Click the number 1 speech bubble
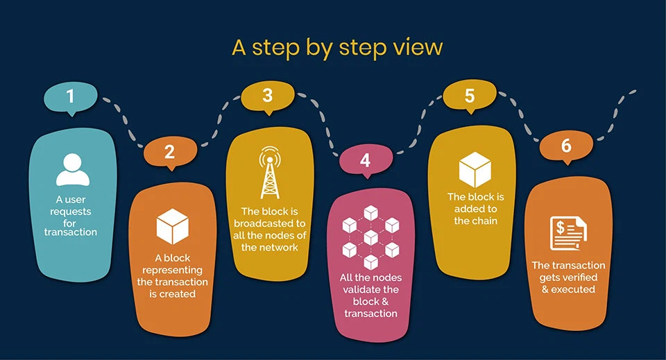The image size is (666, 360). tap(70, 96)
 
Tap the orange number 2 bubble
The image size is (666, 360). tap(170, 152)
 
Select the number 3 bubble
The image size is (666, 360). tap(268, 96)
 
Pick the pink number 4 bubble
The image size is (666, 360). tap(365, 161)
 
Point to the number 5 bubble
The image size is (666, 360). tap(470, 96)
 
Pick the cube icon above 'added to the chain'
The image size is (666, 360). tap(475, 169)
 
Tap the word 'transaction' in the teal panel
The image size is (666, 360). tap(71, 232)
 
